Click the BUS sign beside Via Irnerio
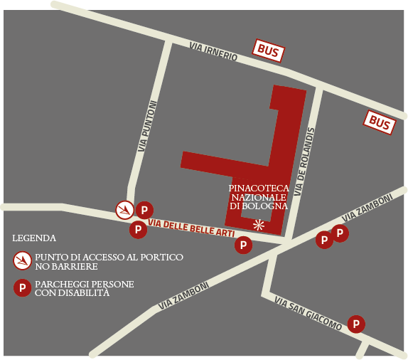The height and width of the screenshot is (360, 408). point(269,51)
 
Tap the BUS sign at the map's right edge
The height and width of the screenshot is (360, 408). point(380,123)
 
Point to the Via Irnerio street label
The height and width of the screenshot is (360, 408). point(213,51)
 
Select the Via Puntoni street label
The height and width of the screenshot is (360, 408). point(146,126)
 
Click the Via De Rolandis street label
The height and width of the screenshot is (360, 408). point(301,163)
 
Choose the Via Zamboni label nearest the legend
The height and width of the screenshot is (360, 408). point(183,295)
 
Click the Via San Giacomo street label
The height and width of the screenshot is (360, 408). point(308,314)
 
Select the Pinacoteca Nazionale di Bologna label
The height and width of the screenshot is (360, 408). point(259,197)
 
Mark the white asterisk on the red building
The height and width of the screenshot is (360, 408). point(259,225)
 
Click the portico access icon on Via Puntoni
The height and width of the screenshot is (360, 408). point(125,210)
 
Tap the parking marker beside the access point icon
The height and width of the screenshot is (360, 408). point(144,210)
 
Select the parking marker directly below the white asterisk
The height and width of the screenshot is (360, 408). point(243,245)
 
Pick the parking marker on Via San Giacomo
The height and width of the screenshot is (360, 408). point(356,324)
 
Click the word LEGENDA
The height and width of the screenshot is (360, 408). point(34,238)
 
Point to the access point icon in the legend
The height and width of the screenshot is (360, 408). point(22,261)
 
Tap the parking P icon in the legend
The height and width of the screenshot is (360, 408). point(22,288)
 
